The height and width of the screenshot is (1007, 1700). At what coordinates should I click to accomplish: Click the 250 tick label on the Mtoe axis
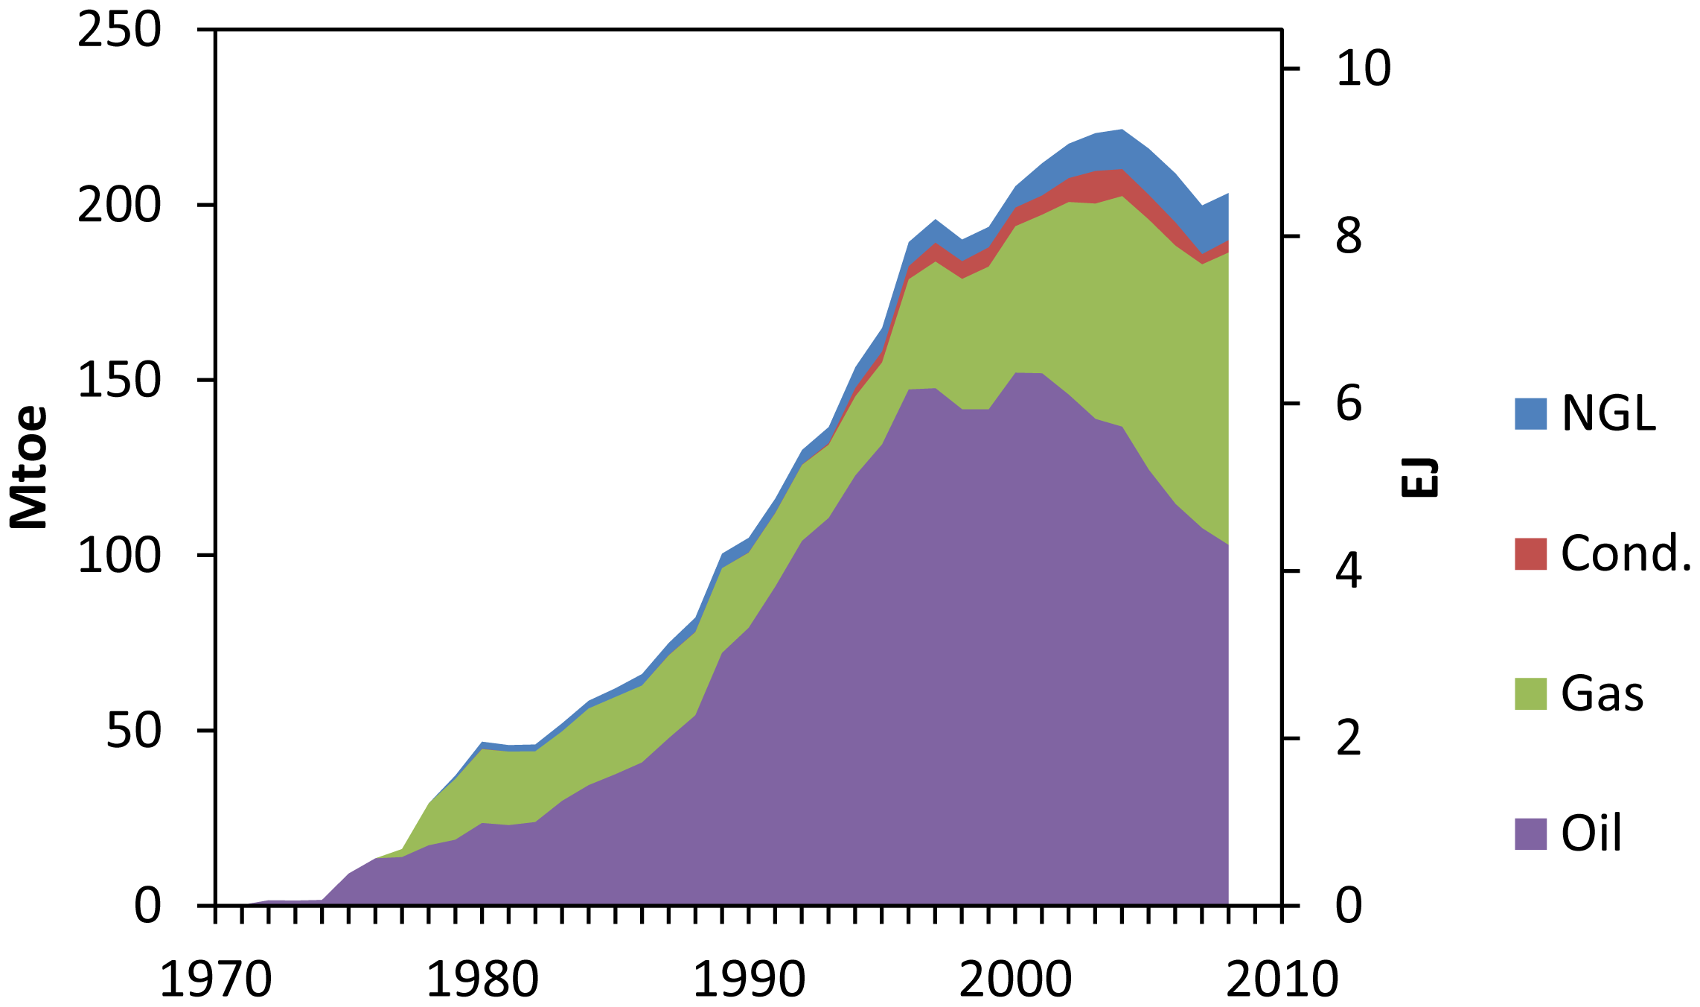(119, 31)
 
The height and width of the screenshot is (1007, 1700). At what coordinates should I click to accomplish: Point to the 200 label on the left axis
(119, 206)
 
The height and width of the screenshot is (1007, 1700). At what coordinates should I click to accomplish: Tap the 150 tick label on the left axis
(119, 381)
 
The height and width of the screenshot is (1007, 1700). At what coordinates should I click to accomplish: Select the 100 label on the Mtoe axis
(119, 556)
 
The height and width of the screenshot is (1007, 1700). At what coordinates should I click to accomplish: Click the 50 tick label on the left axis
(134, 731)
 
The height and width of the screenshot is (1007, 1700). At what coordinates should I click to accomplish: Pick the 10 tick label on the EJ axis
(1363, 69)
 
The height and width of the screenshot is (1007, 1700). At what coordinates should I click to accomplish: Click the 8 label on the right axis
(1349, 237)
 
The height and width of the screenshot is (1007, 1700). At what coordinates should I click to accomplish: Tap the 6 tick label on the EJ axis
(1349, 404)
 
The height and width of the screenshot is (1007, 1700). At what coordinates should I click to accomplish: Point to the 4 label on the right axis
(1349, 572)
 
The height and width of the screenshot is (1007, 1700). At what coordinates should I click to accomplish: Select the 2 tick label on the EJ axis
(1349, 740)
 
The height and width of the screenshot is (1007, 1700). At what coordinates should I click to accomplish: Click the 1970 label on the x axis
(216, 980)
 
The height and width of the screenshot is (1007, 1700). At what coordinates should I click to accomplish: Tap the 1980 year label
(482, 980)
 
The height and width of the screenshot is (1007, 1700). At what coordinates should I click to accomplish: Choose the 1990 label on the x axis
(749, 980)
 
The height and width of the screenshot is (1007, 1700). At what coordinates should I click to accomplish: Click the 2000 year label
(1015, 980)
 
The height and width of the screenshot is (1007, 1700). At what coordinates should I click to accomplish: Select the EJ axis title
(1419, 477)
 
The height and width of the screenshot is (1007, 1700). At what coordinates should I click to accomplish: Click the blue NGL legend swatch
(1530, 413)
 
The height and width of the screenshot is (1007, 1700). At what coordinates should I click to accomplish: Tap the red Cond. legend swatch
(1530, 554)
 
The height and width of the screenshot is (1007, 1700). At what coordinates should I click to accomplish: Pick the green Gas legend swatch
(1530, 693)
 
